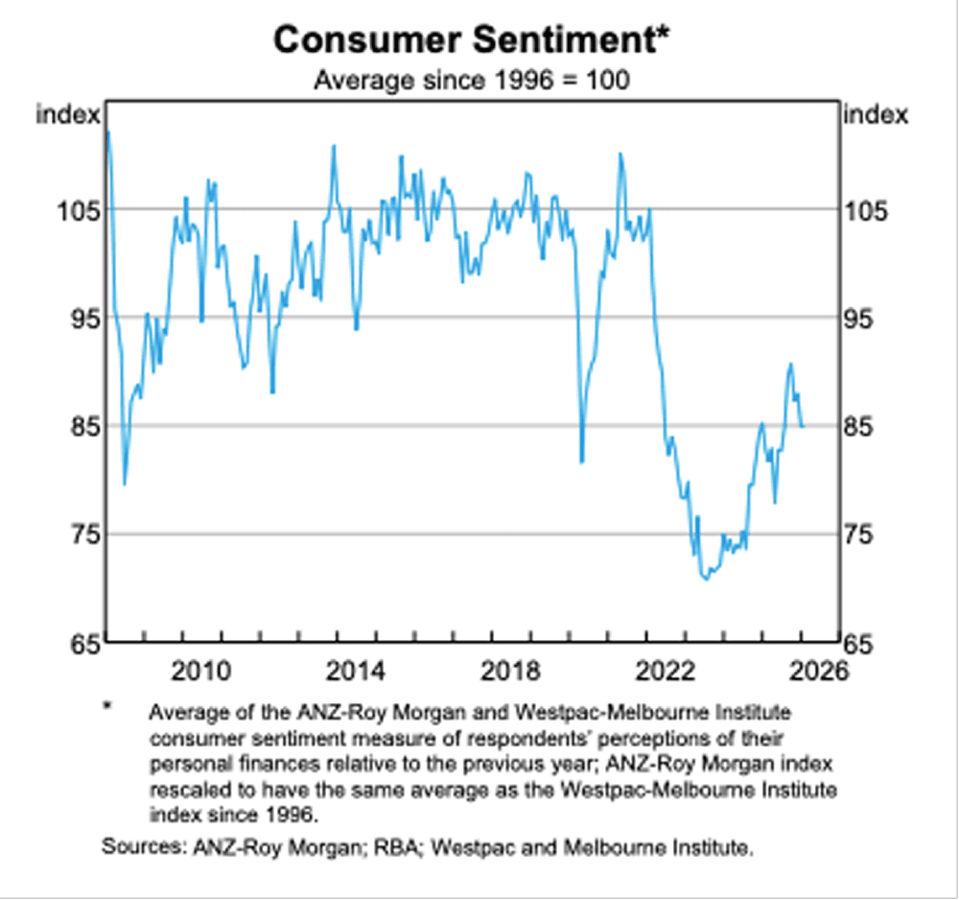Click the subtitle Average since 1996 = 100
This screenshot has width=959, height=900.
(472, 81)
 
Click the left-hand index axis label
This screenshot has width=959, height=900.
(68, 115)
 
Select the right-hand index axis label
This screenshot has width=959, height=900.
(875, 115)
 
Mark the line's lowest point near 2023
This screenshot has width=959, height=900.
(705, 579)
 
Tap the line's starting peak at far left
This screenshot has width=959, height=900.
(108, 131)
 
